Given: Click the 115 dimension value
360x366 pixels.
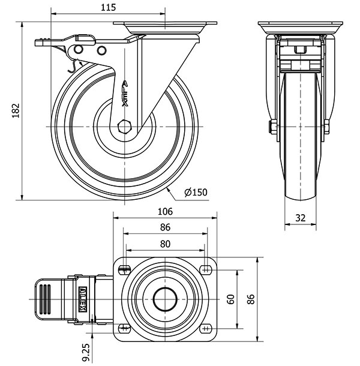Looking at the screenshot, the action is click(108, 8).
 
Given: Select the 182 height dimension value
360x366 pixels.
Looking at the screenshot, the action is click(16, 110).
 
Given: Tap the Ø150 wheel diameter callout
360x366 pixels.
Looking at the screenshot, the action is click(196, 193).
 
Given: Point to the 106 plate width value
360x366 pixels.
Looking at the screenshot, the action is click(165, 211).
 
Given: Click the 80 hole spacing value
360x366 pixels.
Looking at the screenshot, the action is click(165, 244).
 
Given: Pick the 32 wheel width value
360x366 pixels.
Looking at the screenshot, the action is click(300, 218).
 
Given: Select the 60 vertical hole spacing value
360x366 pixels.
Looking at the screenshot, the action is click(230, 299).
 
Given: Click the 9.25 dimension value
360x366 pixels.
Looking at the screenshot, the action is click(86, 352).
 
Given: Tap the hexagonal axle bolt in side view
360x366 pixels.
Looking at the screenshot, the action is click(125, 127).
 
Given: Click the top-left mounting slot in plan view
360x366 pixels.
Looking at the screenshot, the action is click(124, 270).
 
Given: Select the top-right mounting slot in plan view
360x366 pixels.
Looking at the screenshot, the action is click(206, 270).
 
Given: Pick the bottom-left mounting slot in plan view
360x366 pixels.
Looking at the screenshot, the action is click(124, 329).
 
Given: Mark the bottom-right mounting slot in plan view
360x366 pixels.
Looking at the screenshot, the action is click(206, 329).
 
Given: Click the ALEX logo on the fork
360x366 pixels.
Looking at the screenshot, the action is click(125, 94).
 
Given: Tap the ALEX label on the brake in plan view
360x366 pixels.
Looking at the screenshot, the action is click(83, 299).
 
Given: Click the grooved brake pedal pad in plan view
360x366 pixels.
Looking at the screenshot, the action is click(44, 299).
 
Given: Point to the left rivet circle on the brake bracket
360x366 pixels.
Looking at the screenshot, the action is click(79, 49).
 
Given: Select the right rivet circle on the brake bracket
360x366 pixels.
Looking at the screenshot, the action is click(101, 50).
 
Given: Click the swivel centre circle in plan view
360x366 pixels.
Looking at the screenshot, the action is click(165, 299).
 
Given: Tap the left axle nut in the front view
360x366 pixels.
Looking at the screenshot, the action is click(272, 127).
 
